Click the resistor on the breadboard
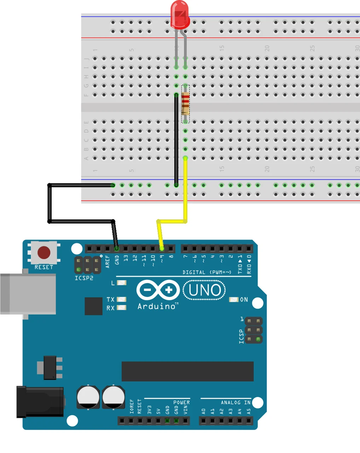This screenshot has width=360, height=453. pos(185,104)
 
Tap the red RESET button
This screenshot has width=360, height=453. pos(44,253)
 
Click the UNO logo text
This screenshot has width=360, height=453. pos(204,290)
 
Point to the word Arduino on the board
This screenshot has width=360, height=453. pos(157,306)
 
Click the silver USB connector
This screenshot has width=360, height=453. pos(28,294)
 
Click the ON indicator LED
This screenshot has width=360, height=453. pos(234,299)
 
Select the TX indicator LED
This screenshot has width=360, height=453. pos(121,299)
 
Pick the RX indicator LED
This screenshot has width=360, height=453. pos(121,308)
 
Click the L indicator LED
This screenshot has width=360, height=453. pos(121,283)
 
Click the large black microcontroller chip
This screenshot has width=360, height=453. pos(187,371)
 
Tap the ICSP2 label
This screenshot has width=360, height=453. pos(84,278)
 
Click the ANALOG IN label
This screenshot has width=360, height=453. pos(236,402)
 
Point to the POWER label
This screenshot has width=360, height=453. pos(181,402)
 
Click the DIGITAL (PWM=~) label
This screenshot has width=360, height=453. pos(207,272)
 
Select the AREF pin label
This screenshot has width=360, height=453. pos(108,262)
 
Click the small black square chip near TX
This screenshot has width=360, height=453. pos(93,306)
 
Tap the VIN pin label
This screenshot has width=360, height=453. pos(185,410)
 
